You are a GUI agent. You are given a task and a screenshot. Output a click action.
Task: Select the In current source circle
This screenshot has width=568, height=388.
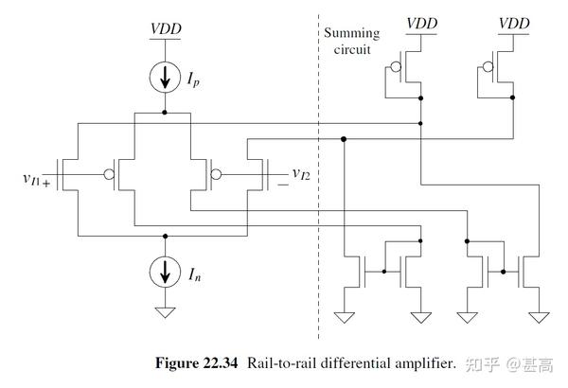point(166,273)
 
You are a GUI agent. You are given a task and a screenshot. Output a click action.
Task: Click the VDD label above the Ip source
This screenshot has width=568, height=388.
point(166,28)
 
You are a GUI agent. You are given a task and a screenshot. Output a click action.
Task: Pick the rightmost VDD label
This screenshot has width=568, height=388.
point(514,22)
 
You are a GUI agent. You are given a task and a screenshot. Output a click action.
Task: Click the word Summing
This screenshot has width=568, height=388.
point(351,33)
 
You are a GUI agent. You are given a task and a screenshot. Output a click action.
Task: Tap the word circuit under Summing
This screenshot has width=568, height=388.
point(351,49)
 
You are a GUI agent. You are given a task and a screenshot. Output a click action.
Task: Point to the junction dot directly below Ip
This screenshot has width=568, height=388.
point(166,112)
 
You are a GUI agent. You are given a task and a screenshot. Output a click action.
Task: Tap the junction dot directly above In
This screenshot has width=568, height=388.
point(166,236)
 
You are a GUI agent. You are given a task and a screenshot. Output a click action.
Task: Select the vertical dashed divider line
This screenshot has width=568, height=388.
point(318,189)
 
